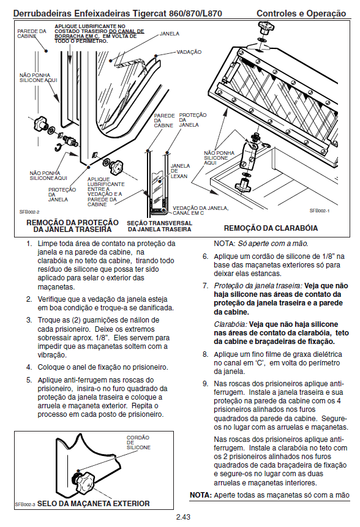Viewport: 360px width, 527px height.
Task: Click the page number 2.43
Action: pyautogui.click(x=183, y=517)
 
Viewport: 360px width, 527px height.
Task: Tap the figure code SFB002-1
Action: pyautogui.click(x=320, y=211)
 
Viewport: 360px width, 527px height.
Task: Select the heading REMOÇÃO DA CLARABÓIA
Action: pyautogui.click(x=271, y=228)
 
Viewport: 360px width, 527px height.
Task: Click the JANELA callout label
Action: pyautogui.click(x=170, y=34)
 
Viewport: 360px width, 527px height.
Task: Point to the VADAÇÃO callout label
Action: pyautogui.click(x=189, y=52)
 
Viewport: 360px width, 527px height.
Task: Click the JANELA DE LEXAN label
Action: pyautogui.click(x=180, y=171)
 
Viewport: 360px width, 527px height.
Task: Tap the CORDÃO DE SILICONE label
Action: pyautogui.click(x=138, y=443)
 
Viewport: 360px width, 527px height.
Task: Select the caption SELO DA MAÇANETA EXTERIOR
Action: pyautogui.click(x=94, y=504)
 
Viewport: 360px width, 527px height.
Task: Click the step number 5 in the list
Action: pyautogui.click(x=29, y=380)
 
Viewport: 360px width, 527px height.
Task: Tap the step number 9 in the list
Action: pyautogui.click(x=205, y=384)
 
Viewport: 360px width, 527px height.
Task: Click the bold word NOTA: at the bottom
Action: pyautogui.click(x=201, y=495)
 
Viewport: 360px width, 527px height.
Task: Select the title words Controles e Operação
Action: pyautogui.click(x=301, y=13)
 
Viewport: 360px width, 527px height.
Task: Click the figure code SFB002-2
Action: pyautogui.click(x=29, y=212)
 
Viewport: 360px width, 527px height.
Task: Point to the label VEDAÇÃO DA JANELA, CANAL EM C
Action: pyautogui.click(x=201, y=211)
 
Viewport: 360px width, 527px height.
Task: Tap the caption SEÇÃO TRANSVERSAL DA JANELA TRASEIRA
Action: pyautogui.click(x=159, y=226)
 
